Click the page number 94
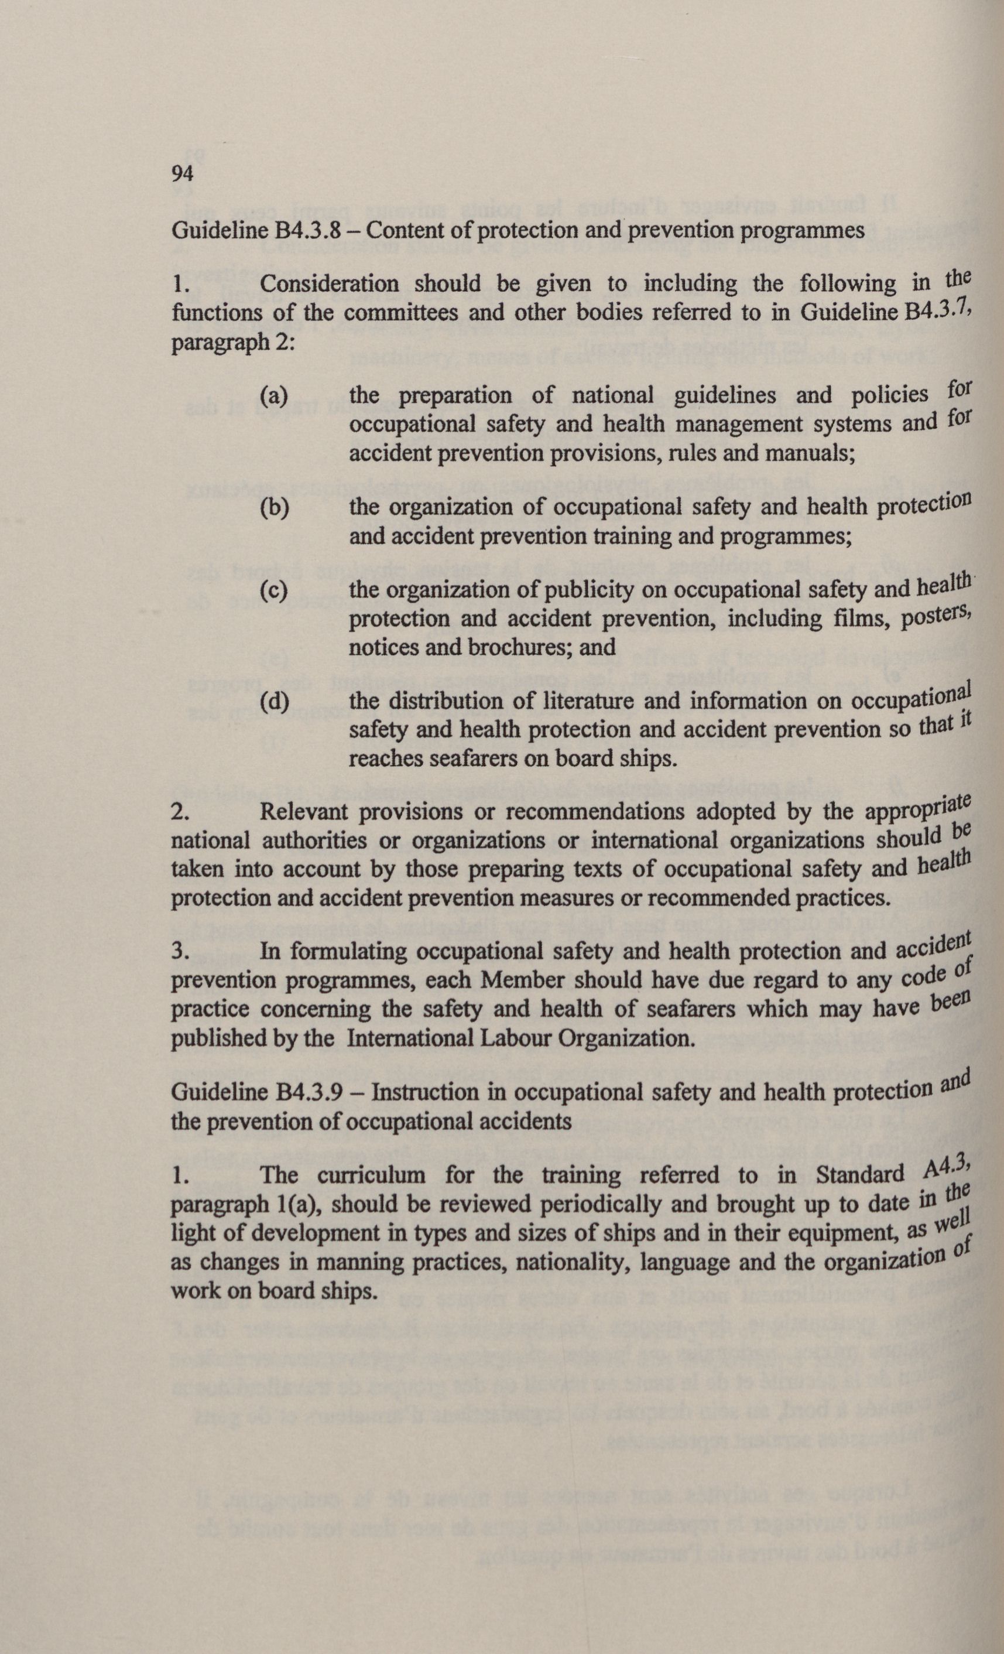(183, 174)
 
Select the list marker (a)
(274, 395)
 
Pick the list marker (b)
(274, 508)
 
